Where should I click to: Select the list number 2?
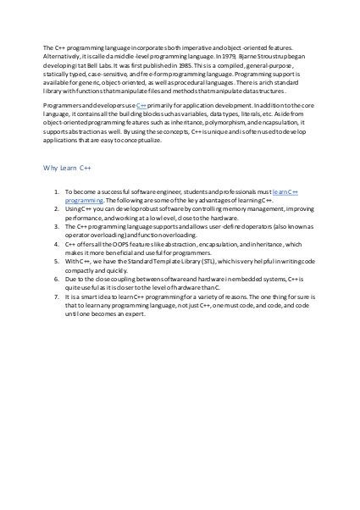click(55, 208)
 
